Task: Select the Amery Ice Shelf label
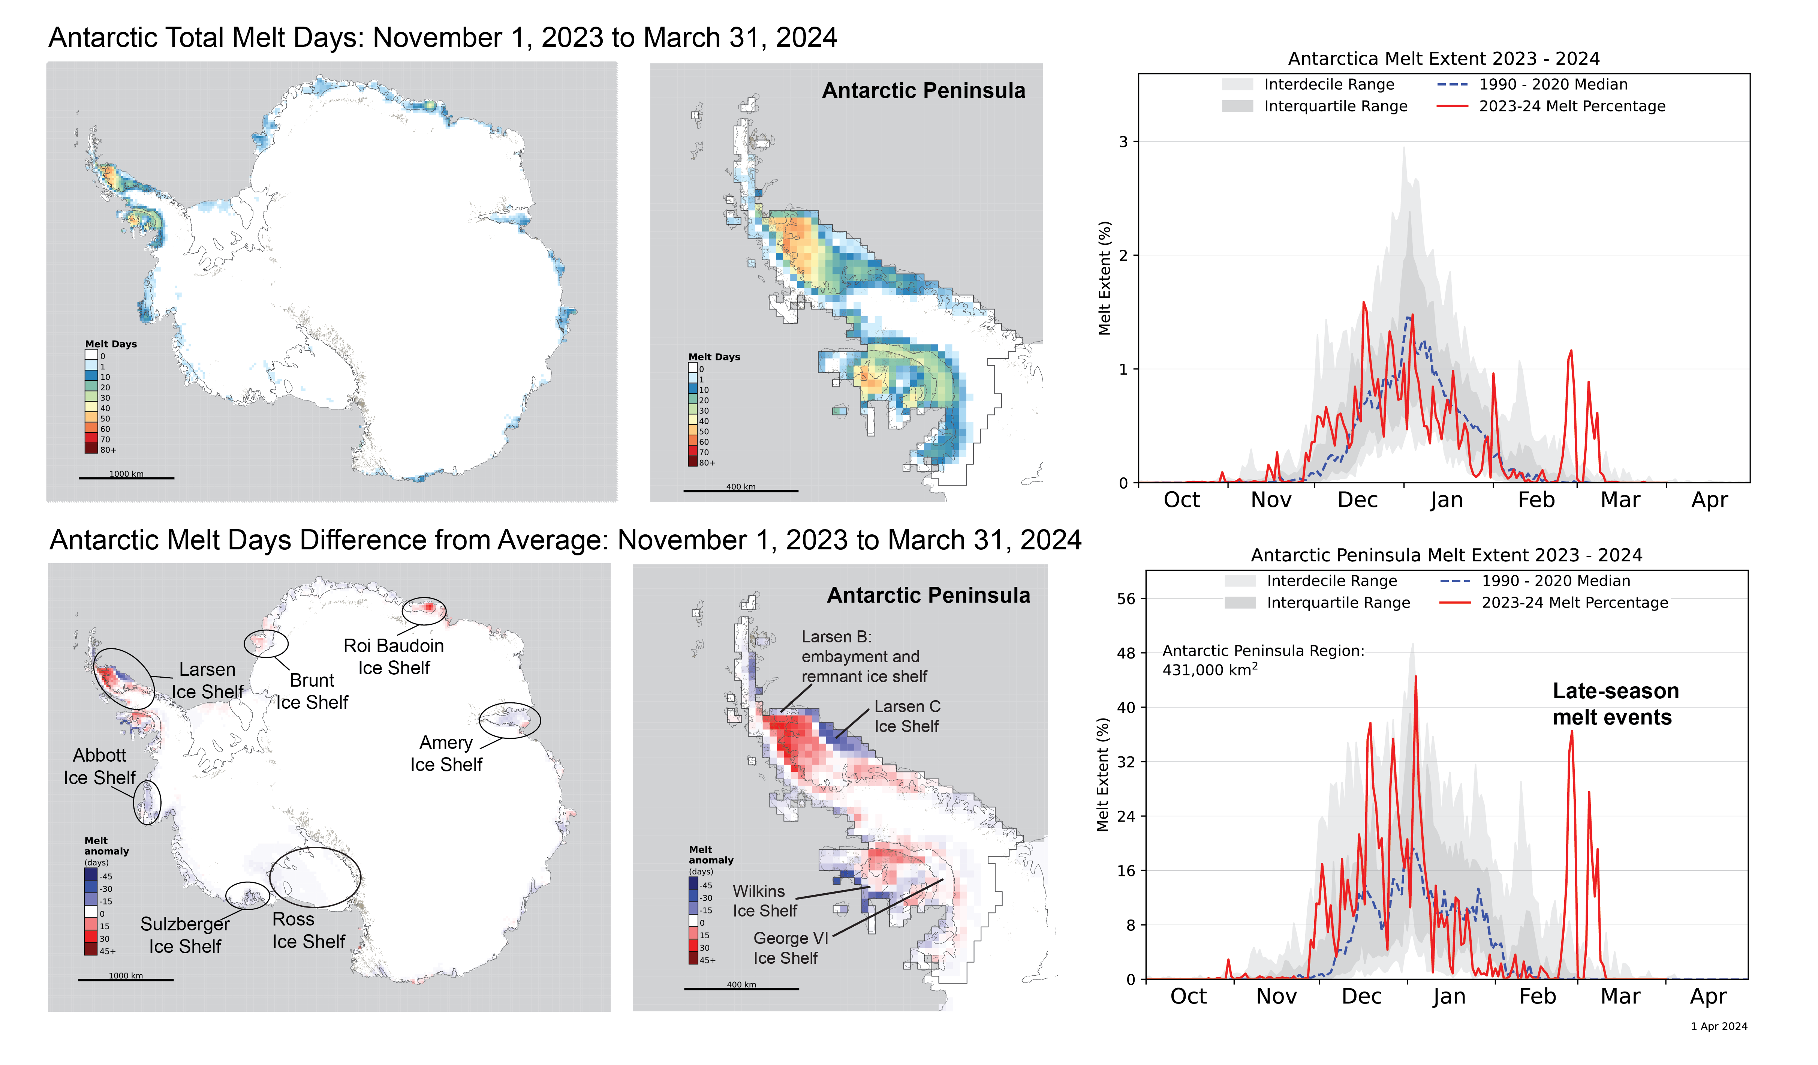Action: (x=446, y=753)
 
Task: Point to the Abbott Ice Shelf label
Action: (x=100, y=766)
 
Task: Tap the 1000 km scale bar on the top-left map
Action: (x=126, y=477)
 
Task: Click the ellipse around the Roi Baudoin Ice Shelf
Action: (x=424, y=610)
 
